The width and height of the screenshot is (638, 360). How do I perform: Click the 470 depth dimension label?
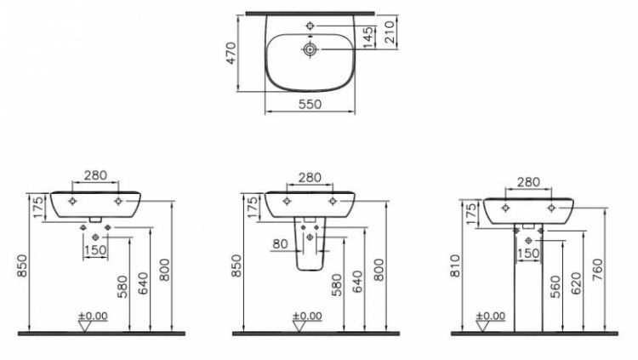231,53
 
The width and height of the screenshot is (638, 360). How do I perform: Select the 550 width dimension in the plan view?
310,104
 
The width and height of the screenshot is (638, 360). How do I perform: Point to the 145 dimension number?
368,37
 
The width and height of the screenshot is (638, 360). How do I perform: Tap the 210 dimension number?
390,32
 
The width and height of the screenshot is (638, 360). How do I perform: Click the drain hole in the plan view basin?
310,49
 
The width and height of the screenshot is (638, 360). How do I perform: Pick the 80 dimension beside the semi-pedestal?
280,244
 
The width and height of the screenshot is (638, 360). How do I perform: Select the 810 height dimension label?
455,266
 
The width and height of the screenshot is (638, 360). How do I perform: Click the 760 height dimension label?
598,269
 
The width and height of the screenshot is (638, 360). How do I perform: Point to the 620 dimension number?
577,283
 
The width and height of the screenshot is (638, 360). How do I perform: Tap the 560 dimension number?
555,287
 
